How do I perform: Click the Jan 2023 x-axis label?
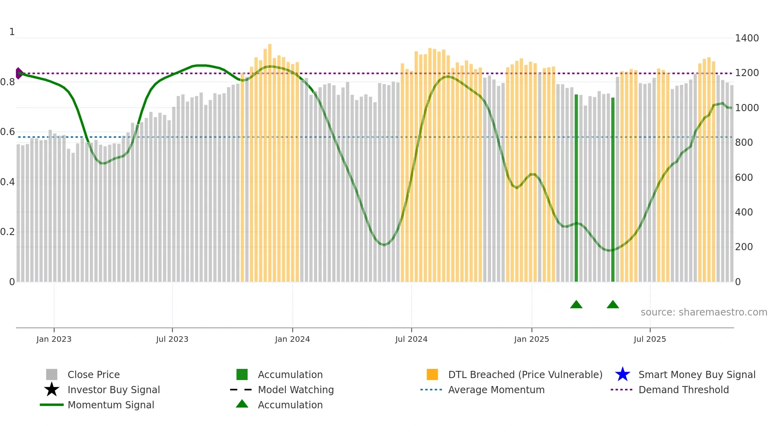click(x=54, y=339)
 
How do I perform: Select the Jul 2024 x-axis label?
click(x=411, y=339)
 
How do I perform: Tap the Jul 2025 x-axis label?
click(x=649, y=339)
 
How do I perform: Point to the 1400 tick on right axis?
click(x=747, y=38)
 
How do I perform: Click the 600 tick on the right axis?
click(x=744, y=178)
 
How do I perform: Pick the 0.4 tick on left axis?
click(x=8, y=182)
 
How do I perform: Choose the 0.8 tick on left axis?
click(x=8, y=82)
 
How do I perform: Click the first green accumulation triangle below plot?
click(x=576, y=305)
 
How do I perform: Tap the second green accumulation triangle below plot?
click(x=612, y=305)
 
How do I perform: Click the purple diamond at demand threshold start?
click(x=19, y=73)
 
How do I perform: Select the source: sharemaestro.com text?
click(x=704, y=312)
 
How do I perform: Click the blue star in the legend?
click(x=622, y=374)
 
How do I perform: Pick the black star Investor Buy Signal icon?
click(x=52, y=390)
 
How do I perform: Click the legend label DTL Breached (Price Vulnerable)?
click(x=525, y=374)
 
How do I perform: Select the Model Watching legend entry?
click(x=295, y=390)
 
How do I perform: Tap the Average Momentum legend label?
click(x=496, y=390)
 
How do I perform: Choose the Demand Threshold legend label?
click(x=683, y=390)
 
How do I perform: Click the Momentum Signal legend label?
click(x=111, y=405)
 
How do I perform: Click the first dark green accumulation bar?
click(x=576, y=187)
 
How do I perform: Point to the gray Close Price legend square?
click(x=52, y=374)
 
